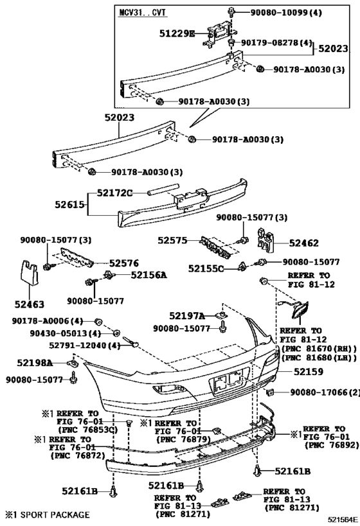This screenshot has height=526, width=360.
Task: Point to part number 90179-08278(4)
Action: click(278, 42)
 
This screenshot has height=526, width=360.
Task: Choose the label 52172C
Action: click(114, 193)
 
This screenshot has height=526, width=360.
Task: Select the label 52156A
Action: click(148, 275)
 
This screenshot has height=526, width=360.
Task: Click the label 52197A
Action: click(187, 315)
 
